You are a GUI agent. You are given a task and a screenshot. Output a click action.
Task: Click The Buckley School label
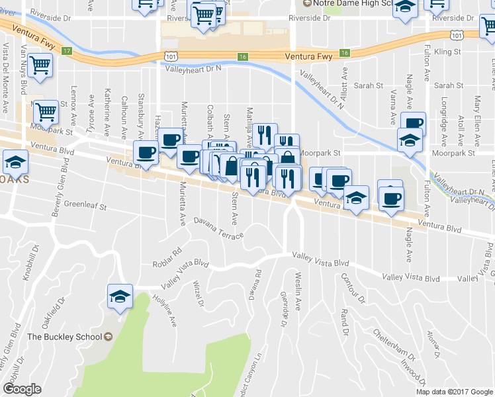(60, 337)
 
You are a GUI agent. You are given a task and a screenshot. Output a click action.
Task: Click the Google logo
(21, 389)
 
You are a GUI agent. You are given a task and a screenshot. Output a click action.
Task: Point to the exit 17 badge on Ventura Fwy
(66, 50)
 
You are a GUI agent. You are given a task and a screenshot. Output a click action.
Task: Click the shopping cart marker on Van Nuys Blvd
(41, 67)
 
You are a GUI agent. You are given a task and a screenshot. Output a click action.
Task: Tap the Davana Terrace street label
(219, 229)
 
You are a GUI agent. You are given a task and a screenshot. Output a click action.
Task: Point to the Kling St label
(447, 51)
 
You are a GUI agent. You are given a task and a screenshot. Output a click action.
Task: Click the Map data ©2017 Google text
(454, 392)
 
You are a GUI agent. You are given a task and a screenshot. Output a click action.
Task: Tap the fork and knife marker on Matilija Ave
(264, 134)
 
